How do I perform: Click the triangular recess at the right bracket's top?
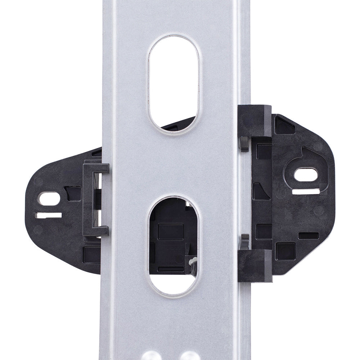tap(284, 125)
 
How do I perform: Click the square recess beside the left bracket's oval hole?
tap(73, 193)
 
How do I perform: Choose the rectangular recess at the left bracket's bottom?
tap(90, 255)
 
